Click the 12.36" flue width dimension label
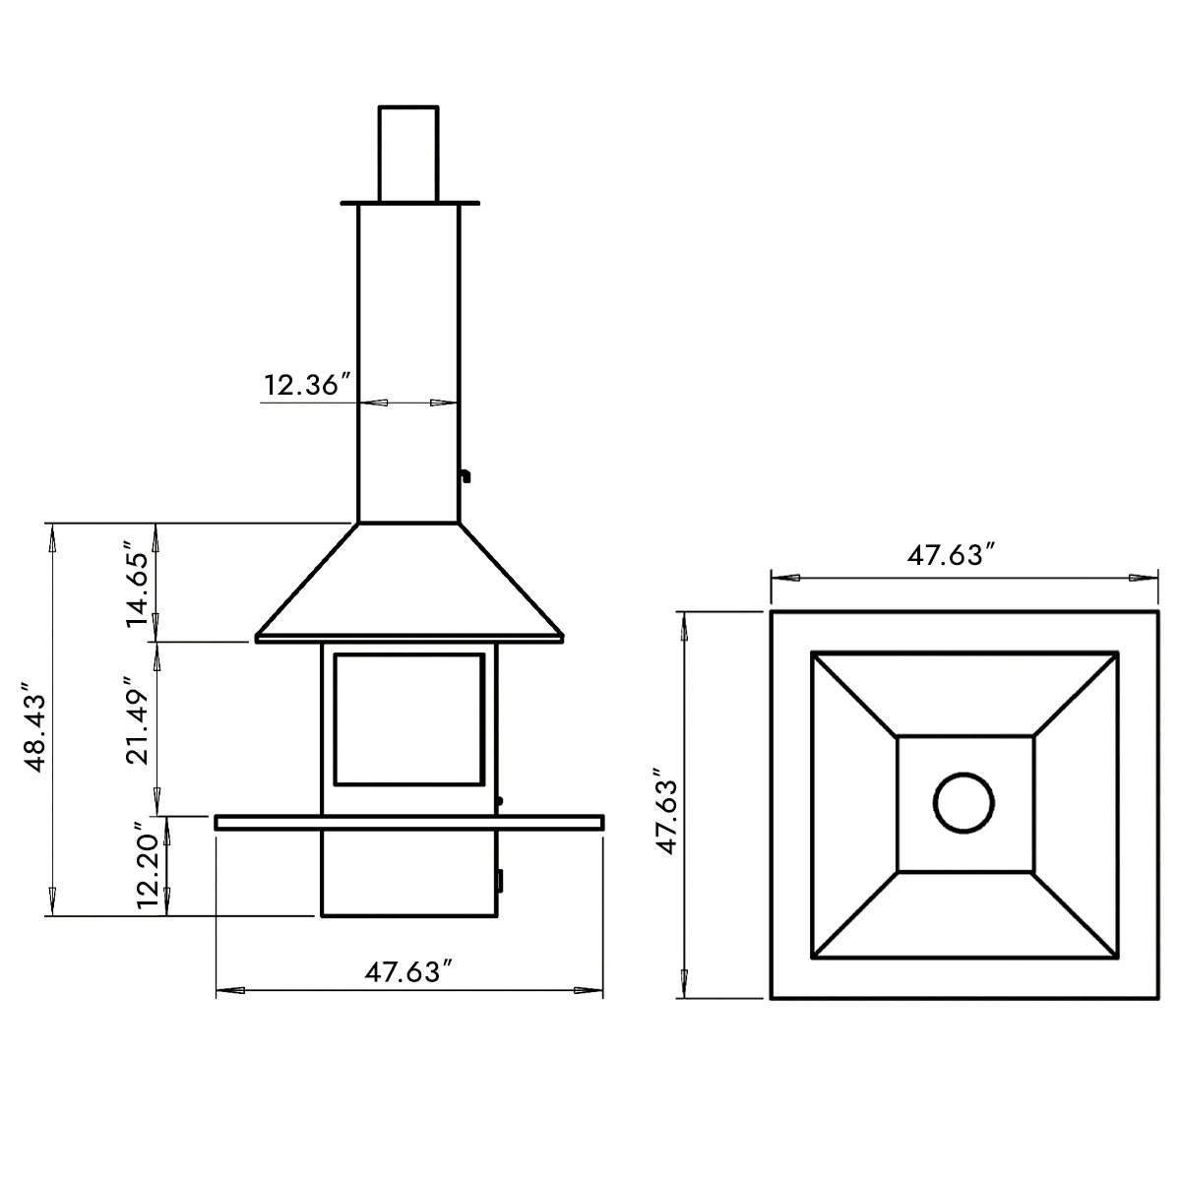[x=308, y=385]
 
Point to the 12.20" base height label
[x=147, y=864]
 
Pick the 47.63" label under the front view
[x=408, y=972]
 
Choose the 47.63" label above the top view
[x=946, y=556]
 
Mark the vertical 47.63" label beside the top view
[x=668, y=804]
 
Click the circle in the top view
[x=964, y=803]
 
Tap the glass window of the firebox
[x=408, y=718]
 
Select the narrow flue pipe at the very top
[x=408, y=153]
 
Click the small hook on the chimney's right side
[x=464, y=475]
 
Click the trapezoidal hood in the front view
[x=408, y=586]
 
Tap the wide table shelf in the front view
[x=408, y=822]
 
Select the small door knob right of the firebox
[x=500, y=801]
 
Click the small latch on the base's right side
[x=499, y=879]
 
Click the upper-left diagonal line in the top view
[x=853, y=694]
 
